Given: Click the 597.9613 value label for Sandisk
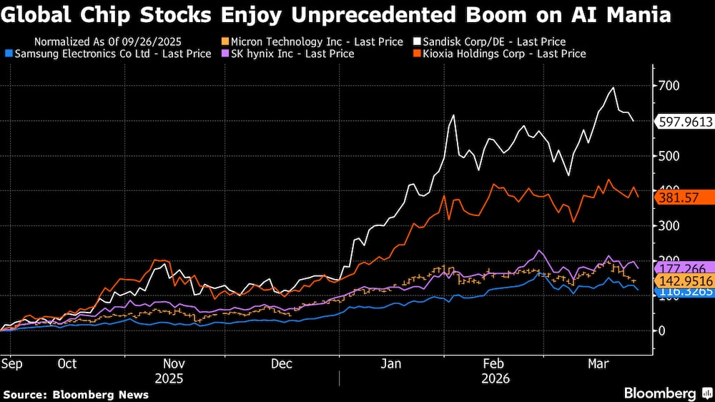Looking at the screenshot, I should (684, 122).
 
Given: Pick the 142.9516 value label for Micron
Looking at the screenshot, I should (684, 281).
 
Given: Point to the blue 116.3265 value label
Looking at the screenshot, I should (684, 293).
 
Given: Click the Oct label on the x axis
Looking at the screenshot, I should (66, 364).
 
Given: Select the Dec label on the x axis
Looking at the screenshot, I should (281, 364).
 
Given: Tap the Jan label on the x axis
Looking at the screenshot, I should (390, 364).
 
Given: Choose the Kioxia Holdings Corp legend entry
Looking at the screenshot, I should (500, 54).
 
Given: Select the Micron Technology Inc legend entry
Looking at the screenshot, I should (315, 42).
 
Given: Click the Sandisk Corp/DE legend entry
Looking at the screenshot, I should (493, 42).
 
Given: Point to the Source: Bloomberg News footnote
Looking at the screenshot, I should (76, 394).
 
